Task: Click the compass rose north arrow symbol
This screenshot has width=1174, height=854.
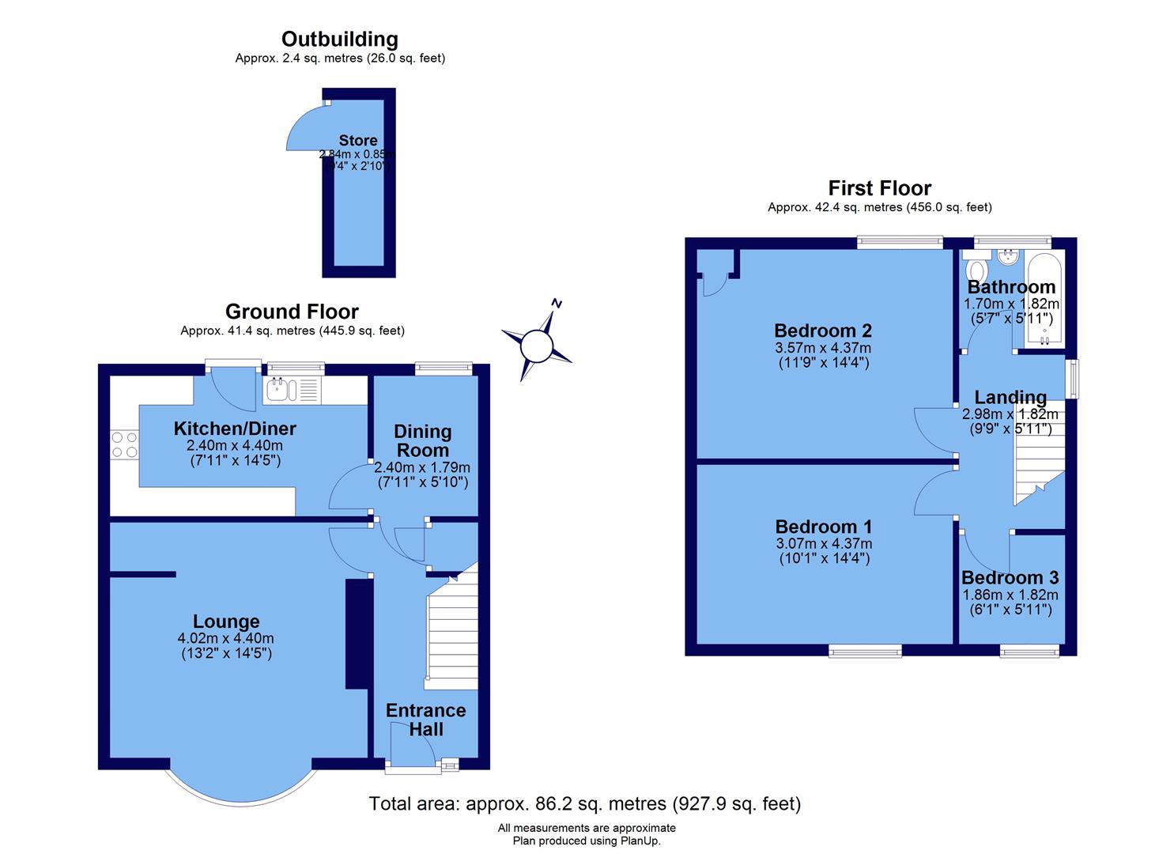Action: click(x=537, y=344)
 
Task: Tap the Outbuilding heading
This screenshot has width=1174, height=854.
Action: click(x=340, y=39)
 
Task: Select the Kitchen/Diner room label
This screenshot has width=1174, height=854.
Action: click(x=235, y=429)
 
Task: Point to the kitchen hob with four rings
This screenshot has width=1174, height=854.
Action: click(x=124, y=444)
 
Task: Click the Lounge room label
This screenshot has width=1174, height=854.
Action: click(x=226, y=622)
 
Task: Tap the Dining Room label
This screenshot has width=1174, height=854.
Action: click(x=423, y=441)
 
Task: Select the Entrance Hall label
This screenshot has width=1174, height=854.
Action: click(x=425, y=720)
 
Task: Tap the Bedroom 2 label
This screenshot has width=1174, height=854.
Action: click(x=823, y=331)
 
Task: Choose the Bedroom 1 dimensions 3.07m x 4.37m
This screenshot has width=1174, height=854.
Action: click(x=824, y=544)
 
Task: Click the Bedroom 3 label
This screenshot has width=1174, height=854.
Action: click(x=1010, y=578)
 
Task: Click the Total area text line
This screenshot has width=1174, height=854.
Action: click(x=585, y=804)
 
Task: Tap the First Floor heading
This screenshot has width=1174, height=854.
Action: click(x=879, y=188)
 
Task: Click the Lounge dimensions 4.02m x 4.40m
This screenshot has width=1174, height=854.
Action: click(x=226, y=639)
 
